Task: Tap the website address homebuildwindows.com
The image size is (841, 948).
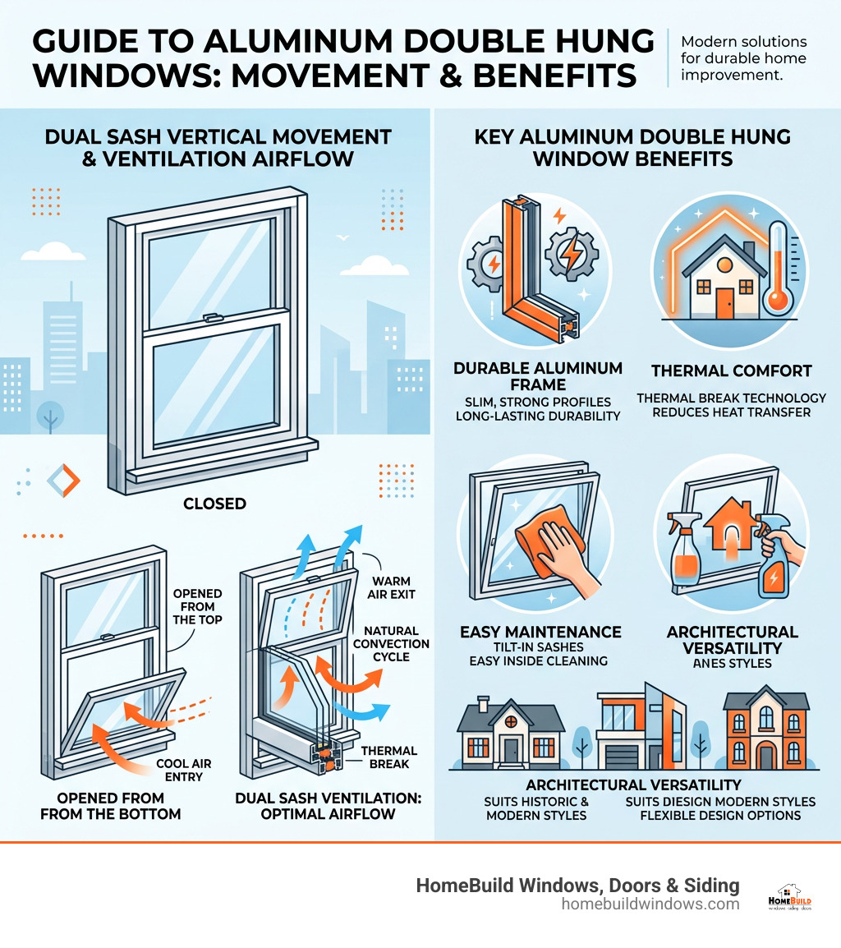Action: (650, 904)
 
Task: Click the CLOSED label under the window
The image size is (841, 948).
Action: (214, 504)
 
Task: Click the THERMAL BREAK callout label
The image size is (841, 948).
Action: (389, 757)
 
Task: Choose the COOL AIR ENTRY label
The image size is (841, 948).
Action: (184, 770)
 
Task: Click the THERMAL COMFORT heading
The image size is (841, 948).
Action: (731, 370)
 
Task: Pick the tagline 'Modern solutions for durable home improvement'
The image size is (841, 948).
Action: (744, 58)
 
